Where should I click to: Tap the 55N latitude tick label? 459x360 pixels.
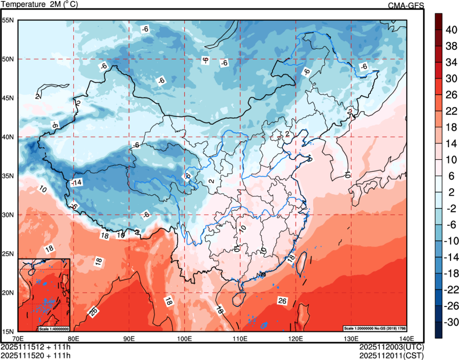coord(7,20)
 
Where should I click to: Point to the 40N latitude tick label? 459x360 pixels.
coord(7,137)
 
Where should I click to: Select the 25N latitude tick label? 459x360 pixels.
coord(7,254)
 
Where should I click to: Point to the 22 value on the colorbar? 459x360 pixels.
coord(451,111)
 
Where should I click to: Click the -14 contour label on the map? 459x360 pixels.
coord(76,183)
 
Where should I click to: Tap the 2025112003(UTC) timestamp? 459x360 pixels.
coord(391,347)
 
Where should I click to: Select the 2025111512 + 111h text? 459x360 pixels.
coord(36,347)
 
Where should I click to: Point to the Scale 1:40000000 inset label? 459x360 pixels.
coord(53,328)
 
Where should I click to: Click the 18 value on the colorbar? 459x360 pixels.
coord(451,127)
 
